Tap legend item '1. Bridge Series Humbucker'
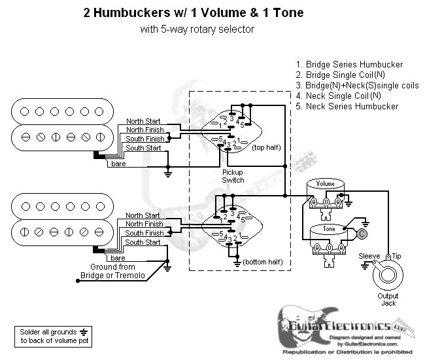(x=349, y=65)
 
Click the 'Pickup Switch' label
(x=233, y=175)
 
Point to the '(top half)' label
(x=266, y=149)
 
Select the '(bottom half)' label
(x=263, y=262)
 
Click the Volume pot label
(x=325, y=185)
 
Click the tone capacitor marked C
(x=362, y=233)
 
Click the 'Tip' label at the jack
(x=396, y=255)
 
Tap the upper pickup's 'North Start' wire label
(x=143, y=120)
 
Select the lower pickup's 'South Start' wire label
(x=143, y=242)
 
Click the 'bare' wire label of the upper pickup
(x=118, y=162)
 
